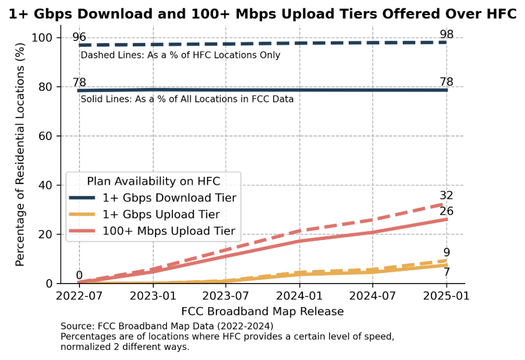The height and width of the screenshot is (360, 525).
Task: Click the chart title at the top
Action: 262,14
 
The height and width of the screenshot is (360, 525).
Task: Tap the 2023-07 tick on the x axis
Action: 226,296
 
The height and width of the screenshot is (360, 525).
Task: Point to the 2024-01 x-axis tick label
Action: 299,296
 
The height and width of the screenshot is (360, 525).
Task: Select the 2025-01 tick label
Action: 446,296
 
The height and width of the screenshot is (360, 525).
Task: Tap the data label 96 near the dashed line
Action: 79,36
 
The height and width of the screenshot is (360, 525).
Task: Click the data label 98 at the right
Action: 446,34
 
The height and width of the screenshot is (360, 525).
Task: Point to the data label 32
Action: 446,195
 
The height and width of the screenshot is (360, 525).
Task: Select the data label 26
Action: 446,211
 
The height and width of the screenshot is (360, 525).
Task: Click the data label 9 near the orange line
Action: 447,252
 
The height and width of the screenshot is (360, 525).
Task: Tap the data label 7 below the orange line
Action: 447,272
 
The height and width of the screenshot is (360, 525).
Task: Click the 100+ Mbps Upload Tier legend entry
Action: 169,231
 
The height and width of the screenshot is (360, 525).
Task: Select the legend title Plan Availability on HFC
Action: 154,181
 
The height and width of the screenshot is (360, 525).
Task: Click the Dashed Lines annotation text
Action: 180,55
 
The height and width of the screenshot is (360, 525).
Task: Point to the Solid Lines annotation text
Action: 187,99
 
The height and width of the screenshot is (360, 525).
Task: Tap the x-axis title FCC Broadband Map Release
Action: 262,311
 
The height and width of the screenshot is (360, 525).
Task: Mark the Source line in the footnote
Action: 167,326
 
